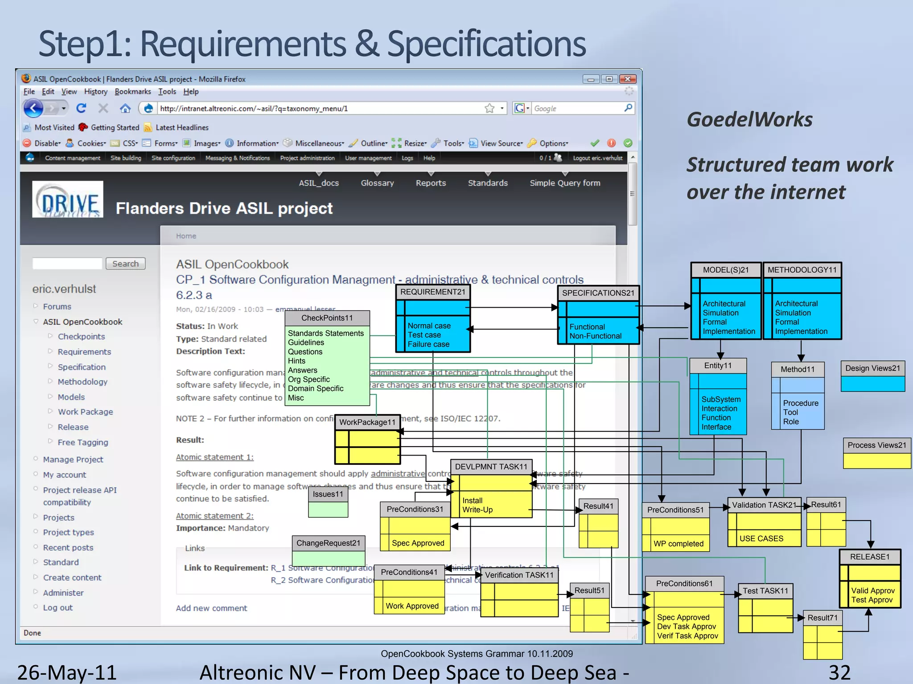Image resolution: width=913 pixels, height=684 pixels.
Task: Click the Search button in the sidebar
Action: (x=125, y=264)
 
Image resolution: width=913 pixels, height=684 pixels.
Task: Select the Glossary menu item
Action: (x=377, y=183)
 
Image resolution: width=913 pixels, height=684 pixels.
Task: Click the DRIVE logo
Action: (x=68, y=199)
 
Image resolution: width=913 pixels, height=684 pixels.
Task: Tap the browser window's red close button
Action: (x=628, y=79)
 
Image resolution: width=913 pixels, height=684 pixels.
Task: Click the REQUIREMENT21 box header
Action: (x=432, y=292)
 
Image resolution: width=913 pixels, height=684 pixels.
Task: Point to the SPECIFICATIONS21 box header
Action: (x=598, y=293)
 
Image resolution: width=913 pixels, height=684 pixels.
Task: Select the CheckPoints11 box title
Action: (x=327, y=318)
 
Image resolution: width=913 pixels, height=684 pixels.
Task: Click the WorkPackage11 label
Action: (x=367, y=422)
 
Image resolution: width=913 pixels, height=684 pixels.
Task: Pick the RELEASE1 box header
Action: (x=869, y=557)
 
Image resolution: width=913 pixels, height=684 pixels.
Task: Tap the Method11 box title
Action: (x=797, y=369)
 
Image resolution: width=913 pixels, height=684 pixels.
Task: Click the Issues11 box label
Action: (x=328, y=494)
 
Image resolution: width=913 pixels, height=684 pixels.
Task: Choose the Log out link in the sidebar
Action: (x=58, y=607)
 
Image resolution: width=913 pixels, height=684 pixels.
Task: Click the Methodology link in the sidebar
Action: (x=82, y=382)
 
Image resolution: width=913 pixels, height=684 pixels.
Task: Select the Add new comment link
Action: (x=211, y=608)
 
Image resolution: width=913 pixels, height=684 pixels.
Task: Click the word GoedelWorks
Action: (x=749, y=119)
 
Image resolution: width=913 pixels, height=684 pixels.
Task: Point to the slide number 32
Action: (x=839, y=672)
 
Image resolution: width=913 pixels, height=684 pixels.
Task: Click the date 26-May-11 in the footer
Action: (x=67, y=672)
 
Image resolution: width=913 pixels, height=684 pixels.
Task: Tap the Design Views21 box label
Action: (x=872, y=368)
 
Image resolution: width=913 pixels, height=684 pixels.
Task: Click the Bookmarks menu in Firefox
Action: (x=132, y=92)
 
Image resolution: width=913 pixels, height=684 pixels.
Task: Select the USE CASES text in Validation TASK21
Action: (x=761, y=538)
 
